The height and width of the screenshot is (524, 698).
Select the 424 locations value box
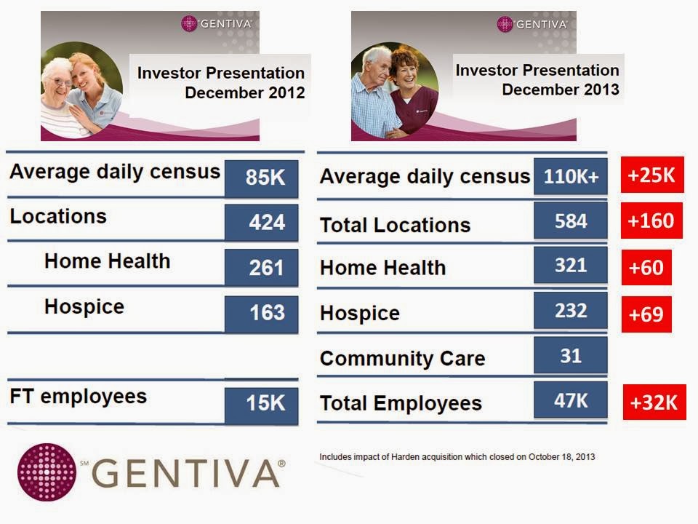pyautogui.click(x=261, y=222)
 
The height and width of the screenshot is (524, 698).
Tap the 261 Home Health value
pyautogui.click(x=261, y=267)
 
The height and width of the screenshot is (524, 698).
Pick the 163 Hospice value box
pyautogui.click(x=261, y=313)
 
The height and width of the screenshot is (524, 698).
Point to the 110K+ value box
pyautogui.click(x=570, y=176)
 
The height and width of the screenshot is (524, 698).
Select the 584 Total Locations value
pyautogui.click(x=570, y=221)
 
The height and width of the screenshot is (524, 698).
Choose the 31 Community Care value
pyautogui.click(x=570, y=355)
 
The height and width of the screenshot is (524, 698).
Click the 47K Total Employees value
pyautogui.click(x=570, y=400)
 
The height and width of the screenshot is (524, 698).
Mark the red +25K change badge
pyautogui.click(x=652, y=175)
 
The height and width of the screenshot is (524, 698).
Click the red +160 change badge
pyautogui.click(x=651, y=221)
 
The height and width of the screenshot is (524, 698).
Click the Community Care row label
pyautogui.click(x=402, y=359)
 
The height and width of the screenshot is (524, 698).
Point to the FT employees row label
pyautogui.click(x=78, y=397)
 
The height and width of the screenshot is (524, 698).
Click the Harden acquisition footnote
pyautogui.click(x=457, y=457)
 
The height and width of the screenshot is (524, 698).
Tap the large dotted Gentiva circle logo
pyautogui.click(x=47, y=472)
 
